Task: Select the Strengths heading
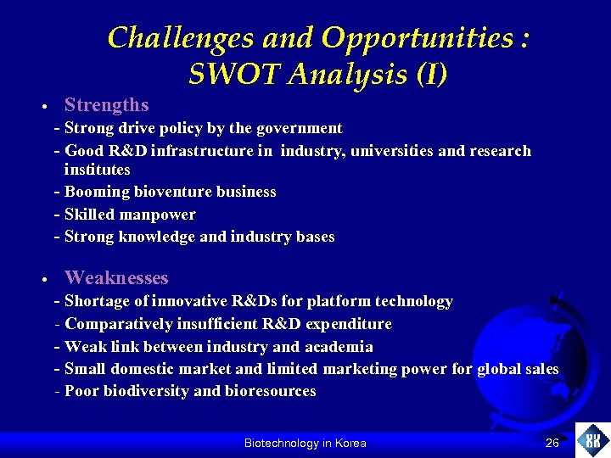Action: (x=106, y=105)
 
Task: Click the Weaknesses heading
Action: (x=116, y=277)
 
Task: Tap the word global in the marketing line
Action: (x=500, y=369)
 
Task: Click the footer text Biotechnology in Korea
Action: (x=305, y=443)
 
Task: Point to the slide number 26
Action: (x=552, y=443)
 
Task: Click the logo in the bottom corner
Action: (x=592, y=440)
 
